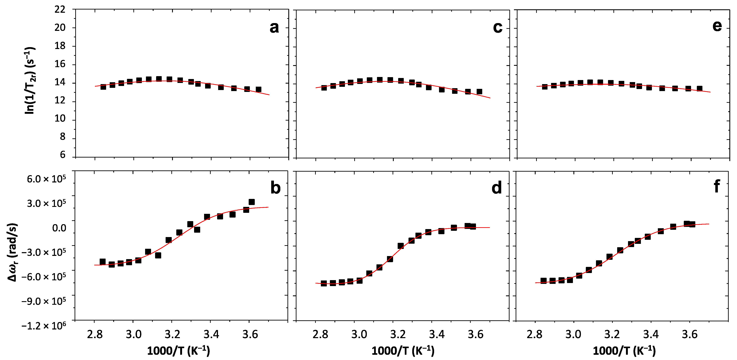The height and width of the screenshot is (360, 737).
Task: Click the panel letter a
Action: coord(274,28)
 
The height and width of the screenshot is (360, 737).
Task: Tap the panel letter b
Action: coord(275,188)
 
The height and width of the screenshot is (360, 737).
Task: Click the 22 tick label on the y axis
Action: coord(60,9)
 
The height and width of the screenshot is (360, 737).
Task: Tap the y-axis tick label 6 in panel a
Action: coord(63,155)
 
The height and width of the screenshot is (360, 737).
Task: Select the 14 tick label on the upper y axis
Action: coord(60,82)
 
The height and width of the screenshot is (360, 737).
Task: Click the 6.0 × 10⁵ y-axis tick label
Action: coord(46,179)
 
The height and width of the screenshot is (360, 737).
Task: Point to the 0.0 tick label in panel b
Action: coord(59,228)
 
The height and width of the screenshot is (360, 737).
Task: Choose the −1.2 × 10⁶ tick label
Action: coord(44,325)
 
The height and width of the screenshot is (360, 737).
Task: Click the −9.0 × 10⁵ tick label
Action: coord(44,301)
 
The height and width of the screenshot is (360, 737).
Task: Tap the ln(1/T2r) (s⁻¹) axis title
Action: coord(30,81)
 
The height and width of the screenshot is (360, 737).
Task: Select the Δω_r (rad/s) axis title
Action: coord(13,252)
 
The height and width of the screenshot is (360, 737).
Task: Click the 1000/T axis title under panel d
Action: coord(403,351)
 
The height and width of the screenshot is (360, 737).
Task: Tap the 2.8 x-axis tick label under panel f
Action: coord(534,334)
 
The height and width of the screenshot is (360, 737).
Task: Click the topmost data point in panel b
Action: coord(252,202)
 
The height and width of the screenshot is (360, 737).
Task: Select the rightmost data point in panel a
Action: coord(258,89)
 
